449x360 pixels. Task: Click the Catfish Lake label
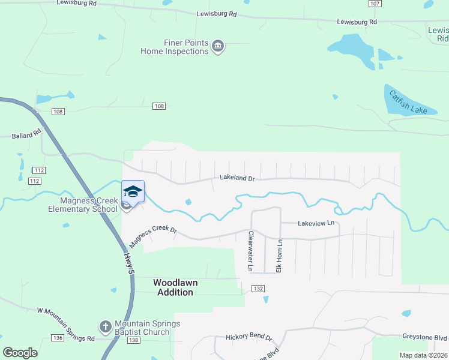point(408,103)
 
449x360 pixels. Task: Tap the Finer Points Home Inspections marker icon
point(218,47)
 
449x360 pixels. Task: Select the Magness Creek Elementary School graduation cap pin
point(133,192)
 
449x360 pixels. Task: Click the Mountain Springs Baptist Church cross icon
point(105,327)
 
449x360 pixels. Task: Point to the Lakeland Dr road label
point(237,178)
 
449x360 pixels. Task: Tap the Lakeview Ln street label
point(316,223)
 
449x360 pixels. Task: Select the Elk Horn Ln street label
point(279,256)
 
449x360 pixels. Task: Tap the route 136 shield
point(58,338)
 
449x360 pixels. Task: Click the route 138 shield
point(133,340)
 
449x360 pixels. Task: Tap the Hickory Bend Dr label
point(249,338)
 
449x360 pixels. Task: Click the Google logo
point(20,352)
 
